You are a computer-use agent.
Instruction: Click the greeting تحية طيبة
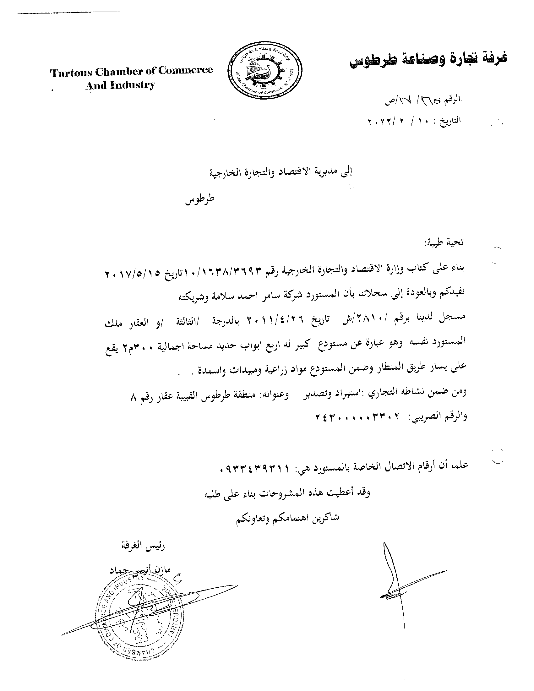pos(446,243)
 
